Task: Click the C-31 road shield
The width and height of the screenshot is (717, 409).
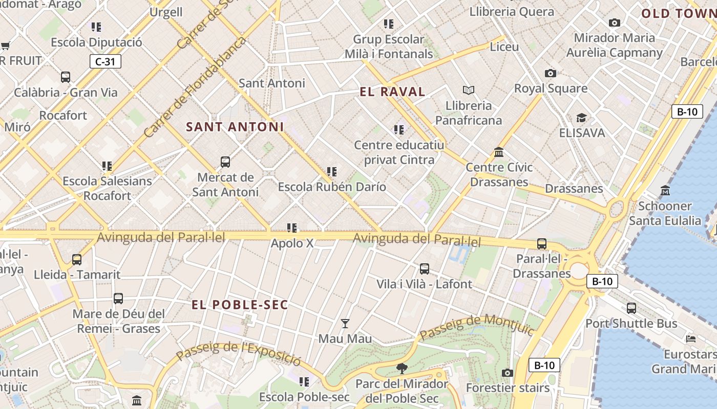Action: tap(106, 62)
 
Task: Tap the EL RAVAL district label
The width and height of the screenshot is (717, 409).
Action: tap(392, 92)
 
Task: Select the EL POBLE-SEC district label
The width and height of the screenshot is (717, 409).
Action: tap(240, 305)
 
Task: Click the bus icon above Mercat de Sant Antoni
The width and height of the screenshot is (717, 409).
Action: tap(225, 163)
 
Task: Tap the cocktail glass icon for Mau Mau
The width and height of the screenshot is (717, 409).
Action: tap(345, 324)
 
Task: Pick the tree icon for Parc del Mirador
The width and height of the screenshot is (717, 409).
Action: tap(402, 368)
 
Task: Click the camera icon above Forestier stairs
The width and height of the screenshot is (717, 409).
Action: tap(508, 373)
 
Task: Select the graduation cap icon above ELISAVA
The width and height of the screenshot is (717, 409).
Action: tap(581, 118)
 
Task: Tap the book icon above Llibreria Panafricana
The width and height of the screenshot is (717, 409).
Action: tap(468, 90)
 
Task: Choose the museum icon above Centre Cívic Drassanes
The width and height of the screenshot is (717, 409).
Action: tap(499, 152)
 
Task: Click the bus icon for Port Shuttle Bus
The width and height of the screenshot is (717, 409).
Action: tap(631, 308)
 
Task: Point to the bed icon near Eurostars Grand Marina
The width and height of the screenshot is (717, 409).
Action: tap(691, 338)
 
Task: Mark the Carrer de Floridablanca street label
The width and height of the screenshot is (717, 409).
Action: tap(195, 87)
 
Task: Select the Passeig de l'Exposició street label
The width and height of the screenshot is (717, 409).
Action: tap(239, 353)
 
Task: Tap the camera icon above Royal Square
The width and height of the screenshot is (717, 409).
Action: tap(551, 73)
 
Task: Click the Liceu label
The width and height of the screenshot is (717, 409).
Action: tap(504, 47)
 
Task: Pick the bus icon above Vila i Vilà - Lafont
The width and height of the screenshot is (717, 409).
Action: tap(425, 269)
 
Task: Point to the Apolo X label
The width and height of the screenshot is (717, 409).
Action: tap(292, 243)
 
